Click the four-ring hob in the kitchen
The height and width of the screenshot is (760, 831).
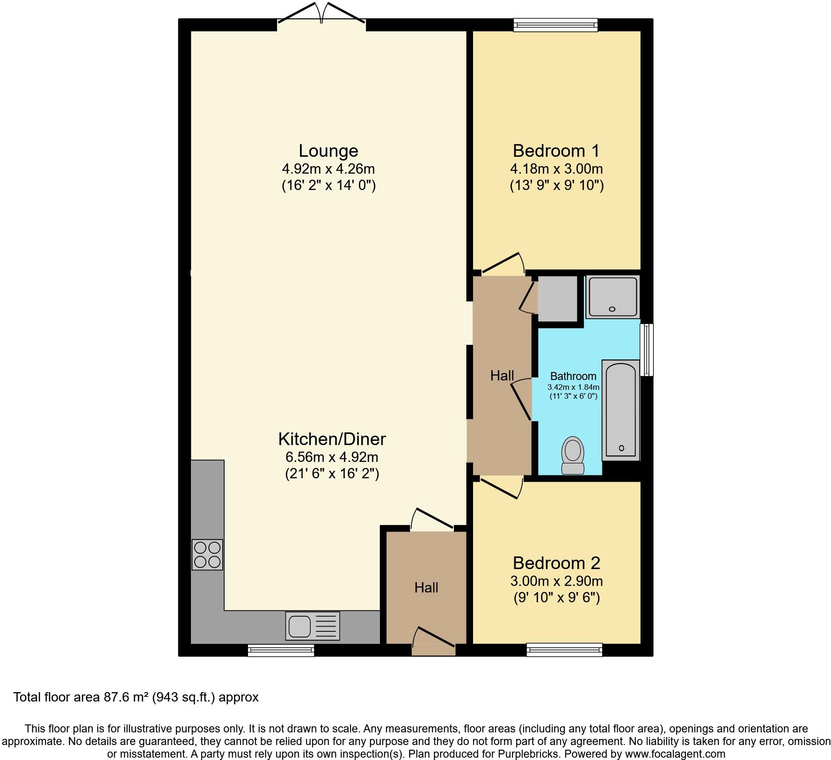(207, 555)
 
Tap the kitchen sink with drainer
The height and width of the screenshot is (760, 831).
(313, 626)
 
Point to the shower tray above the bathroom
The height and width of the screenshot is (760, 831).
(612, 297)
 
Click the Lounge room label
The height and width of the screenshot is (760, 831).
(328, 151)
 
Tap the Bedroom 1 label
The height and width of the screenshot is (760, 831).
(556, 151)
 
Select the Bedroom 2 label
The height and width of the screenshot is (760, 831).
(556, 563)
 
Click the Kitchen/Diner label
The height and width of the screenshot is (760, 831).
(332, 439)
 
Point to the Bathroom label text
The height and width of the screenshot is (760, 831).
(573, 376)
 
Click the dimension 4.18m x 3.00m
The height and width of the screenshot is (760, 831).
(556, 168)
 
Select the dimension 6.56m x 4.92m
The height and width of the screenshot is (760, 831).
(332, 457)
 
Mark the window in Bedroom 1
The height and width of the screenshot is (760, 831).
(555, 25)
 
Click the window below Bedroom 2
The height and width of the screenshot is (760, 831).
(564, 650)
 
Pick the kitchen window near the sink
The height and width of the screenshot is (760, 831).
(281, 650)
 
